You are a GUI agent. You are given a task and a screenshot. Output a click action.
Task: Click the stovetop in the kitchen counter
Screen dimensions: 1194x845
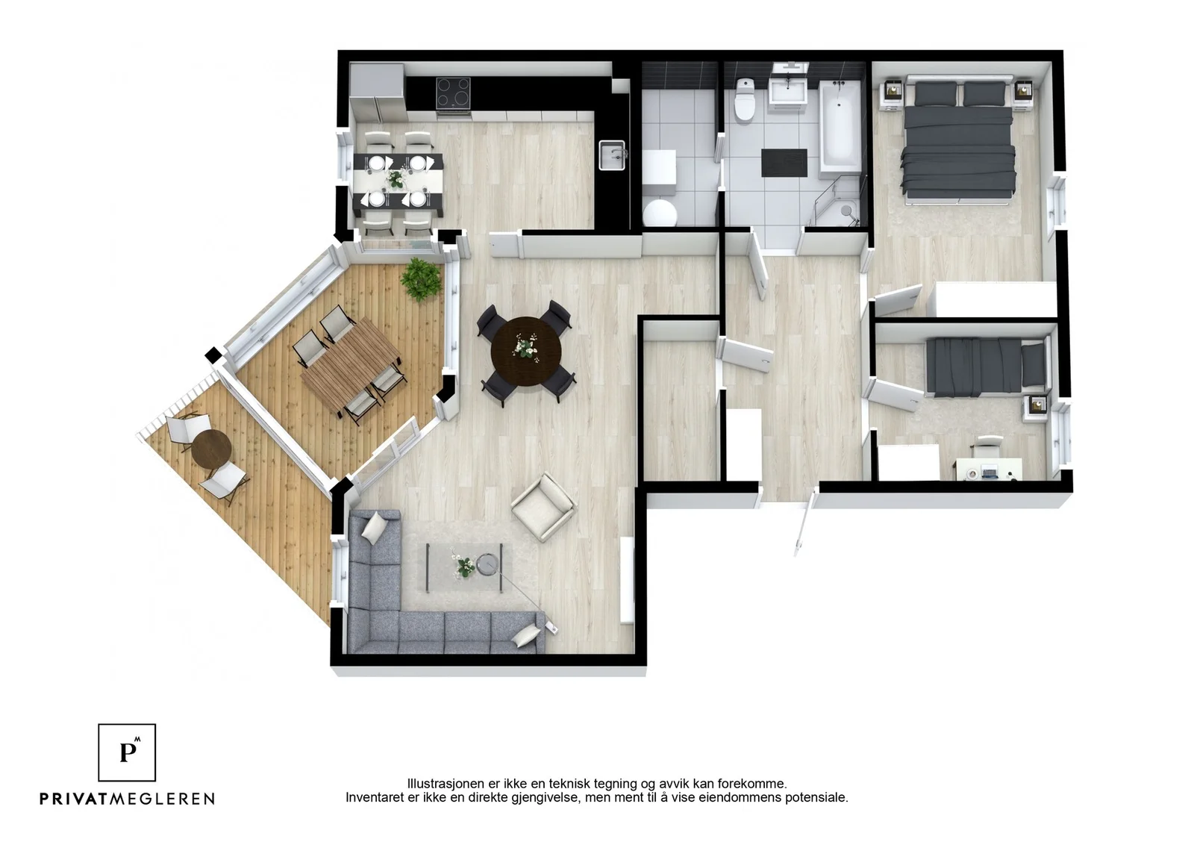(453, 93)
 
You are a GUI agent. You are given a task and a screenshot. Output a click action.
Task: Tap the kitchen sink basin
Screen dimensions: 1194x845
(611, 155)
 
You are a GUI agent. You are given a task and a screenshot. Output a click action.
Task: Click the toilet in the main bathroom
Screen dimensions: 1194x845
(744, 99)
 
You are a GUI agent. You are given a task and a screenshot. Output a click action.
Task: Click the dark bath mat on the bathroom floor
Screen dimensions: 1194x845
(784, 163)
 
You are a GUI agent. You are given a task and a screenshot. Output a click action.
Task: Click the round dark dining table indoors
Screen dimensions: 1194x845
(526, 352)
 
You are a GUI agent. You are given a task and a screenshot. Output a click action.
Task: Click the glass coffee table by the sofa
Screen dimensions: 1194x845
(464, 567)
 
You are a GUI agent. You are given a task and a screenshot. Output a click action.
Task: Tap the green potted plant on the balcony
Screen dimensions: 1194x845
(422, 279)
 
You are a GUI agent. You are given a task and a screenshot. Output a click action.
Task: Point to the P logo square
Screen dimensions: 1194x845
(127, 752)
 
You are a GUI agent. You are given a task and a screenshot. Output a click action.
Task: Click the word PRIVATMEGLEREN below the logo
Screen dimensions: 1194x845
(128, 799)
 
